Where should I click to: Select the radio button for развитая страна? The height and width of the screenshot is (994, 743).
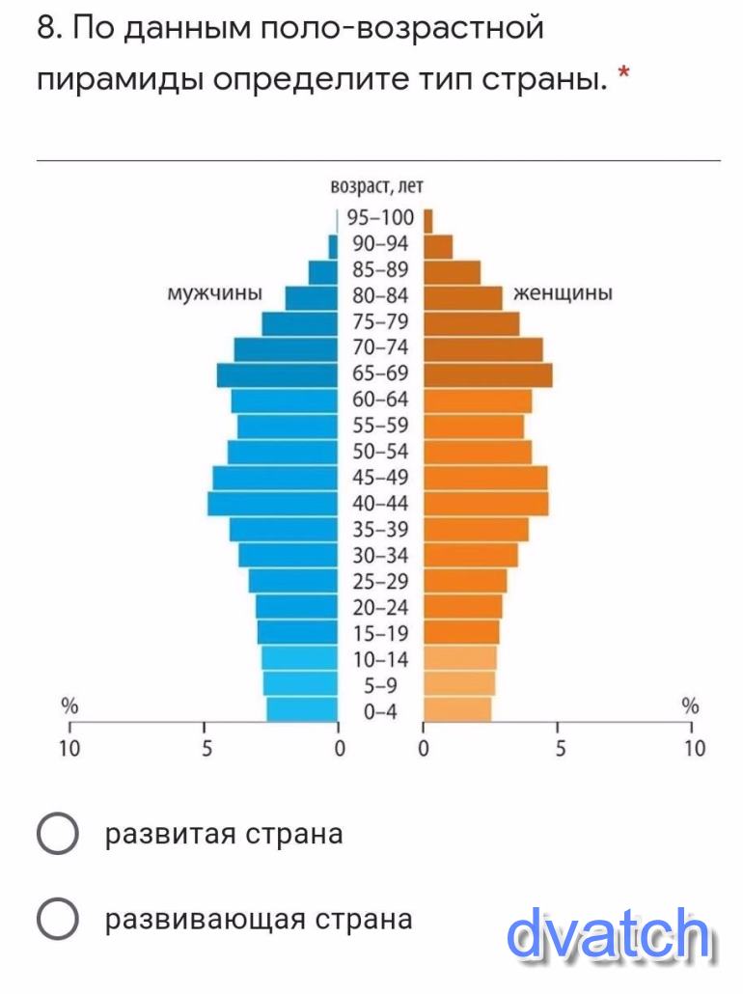tap(57, 834)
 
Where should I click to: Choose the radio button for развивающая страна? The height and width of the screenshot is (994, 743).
tap(57, 919)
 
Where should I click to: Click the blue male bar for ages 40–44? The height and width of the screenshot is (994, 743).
tap(273, 503)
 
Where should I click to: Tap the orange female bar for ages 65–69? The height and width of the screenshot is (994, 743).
tap(488, 373)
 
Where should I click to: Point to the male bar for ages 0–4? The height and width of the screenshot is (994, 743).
tap(303, 710)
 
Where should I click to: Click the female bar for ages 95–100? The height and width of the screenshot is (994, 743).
tap(428, 220)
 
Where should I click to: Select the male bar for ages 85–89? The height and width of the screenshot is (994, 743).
tap(323, 272)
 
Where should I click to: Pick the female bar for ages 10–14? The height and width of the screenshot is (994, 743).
tap(460, 658)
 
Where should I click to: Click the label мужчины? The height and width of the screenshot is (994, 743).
tap(215, 293)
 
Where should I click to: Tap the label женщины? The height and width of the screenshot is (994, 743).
tap(564, 293)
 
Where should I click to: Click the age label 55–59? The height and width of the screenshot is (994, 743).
tap(378, 426)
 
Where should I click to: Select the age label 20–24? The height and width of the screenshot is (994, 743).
tap(378, 607)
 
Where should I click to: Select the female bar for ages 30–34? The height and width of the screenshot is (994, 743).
tap(471, 555)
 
